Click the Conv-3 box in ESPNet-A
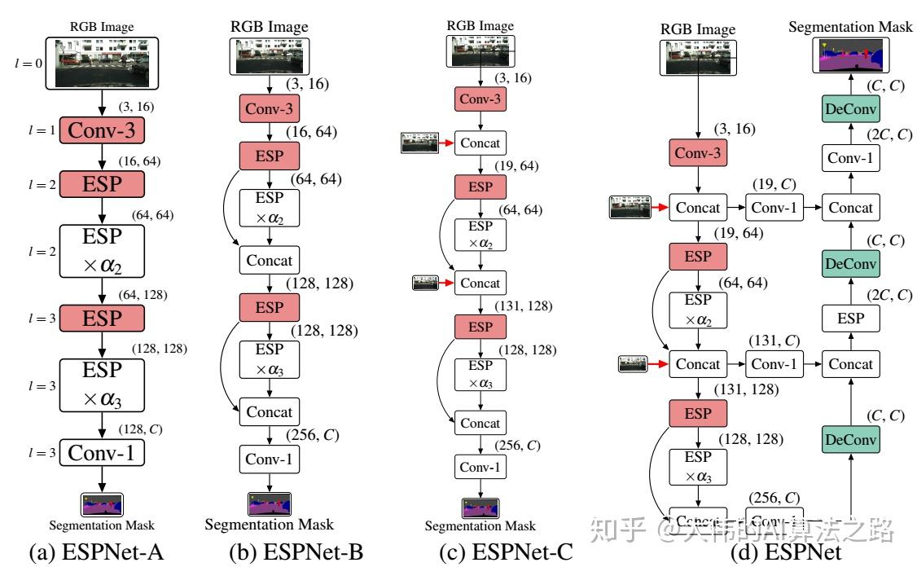(102, 131)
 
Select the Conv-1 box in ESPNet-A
(102, 455)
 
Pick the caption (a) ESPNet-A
(96, 552)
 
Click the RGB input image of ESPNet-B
(270, 57)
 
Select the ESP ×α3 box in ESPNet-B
(270, 358)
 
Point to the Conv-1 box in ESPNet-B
(270, 459)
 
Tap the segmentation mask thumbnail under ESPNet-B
(270, 503)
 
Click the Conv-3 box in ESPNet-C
(480, 99)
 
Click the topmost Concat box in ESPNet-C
(480, 143)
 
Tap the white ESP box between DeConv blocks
(851, 319)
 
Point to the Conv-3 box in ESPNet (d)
(698, 153)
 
